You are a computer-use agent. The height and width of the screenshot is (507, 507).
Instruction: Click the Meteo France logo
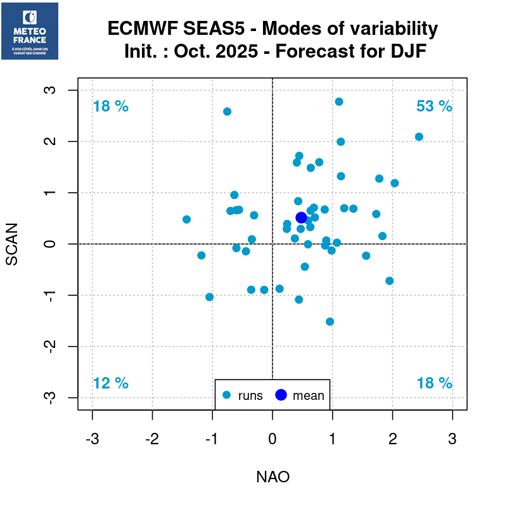[x=30, y=31]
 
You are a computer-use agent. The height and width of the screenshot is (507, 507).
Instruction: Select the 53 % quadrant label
[x=434, y=106]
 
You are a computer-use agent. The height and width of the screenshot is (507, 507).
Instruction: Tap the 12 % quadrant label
[x=110, y=383]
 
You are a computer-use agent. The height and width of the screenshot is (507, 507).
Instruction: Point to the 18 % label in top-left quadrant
[x=110, y=106]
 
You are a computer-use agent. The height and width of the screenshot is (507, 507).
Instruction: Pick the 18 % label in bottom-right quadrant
[x=434, y=383]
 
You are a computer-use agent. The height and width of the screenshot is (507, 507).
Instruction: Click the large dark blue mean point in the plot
[x=302, y=217]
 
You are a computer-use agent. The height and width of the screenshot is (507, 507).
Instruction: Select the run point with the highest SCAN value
[x=339, y=101]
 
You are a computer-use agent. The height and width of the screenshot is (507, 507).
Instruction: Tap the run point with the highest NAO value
[x=419, y=137]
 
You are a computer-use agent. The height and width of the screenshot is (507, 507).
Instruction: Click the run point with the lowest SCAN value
[x=330, y=321]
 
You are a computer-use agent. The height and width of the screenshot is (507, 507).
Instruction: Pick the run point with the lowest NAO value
[x=186, y=219]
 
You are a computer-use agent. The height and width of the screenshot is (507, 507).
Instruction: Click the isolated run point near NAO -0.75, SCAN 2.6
[x=227, y=112]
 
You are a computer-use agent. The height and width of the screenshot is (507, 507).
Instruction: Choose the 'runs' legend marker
[x=227, y=395]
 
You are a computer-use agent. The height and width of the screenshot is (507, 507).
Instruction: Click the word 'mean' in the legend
[x=308, y=396]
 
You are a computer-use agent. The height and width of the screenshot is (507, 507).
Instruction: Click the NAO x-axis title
[x=273, y=477]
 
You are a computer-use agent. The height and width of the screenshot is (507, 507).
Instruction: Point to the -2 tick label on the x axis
[x=151, y=439]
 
